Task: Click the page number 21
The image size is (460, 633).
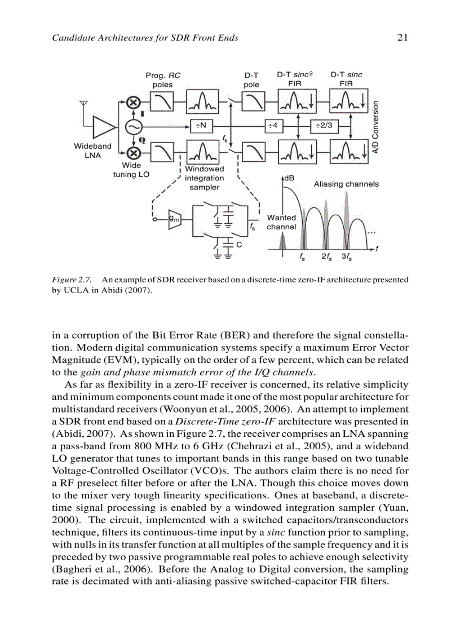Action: (x=402, y=38)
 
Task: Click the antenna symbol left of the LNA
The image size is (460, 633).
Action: (x=84, y=105)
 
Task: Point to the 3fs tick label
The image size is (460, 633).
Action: (x=347, y=256)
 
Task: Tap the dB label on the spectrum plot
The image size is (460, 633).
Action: (x=289, y=178)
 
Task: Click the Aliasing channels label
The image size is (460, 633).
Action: (x=346, y=184)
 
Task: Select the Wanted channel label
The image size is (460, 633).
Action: (x=281, y=222)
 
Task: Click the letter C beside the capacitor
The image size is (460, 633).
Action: (x=239, y=244)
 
